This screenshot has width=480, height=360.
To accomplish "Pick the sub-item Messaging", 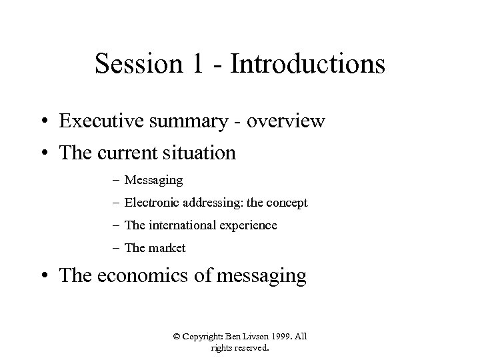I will pyautogui.click(x=154, y=180).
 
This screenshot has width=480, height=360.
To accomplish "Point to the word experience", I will pyautogui.click(x=247, y=225).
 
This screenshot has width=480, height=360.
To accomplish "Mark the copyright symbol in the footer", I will pyautogui.click(x=177, y=337).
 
